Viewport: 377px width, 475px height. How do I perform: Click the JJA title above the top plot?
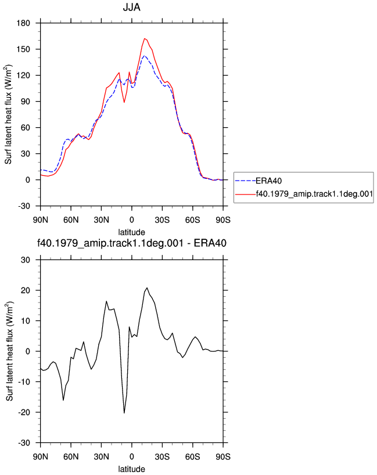tap(131, 7)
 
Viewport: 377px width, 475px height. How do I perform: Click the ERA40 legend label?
tap(268, 181)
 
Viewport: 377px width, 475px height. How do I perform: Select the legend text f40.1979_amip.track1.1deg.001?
tap(314, 194)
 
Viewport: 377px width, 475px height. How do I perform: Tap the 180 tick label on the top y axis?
tap(24, 23)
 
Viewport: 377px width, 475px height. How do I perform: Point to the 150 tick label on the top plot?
tap(24, 49)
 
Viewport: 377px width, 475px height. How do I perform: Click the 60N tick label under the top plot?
tap(71, 220)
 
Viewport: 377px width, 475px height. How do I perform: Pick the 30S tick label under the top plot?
tap(162, 220)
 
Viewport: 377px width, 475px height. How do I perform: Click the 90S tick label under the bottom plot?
tap(223, 457)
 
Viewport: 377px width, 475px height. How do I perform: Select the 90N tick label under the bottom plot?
tap(41, 457)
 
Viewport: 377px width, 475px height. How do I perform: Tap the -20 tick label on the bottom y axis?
tap(24, 412)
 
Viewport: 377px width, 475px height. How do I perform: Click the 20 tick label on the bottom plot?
tap(26, 290)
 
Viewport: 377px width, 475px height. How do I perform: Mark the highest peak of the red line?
tap(145, 38)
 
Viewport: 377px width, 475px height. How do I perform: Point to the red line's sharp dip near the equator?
tap(124, 102)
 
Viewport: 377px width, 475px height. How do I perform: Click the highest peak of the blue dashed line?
tap(145, 56)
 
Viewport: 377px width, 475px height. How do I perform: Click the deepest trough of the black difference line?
tap(124, 413)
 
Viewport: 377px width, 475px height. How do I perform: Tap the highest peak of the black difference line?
tap(147, 288)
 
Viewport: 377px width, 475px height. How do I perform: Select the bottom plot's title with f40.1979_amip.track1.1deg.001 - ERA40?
tap(131, 243)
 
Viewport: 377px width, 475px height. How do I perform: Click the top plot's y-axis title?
tap(9, 114)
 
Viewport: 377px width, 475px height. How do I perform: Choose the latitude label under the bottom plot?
tap(131, 469)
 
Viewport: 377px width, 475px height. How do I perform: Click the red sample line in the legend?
tap(246, 194)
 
